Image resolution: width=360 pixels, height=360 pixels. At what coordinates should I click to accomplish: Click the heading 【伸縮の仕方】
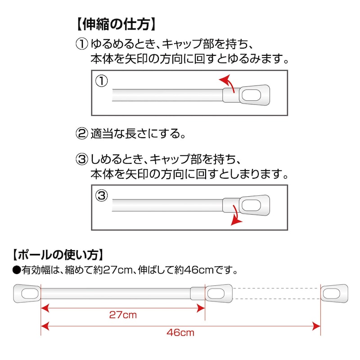pyautogui.click(x=116, y=24)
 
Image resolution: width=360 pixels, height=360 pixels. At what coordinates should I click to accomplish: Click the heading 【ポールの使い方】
pyautogui.click(x=58, y=255)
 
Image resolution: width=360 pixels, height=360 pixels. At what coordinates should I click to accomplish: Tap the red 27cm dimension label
pyautogui.click(x=123, y=315)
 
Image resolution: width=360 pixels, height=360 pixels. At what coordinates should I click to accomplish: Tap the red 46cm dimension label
pyautogui.click(x=180, y=333)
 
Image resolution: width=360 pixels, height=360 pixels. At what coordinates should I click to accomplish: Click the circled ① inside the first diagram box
pyautogui.click(x=102, y=81)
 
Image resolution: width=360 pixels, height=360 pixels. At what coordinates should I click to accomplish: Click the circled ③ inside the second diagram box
pyautogui.click(x=102, y=196)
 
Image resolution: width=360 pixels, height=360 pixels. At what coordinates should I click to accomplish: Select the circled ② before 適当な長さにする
pyautogui.click(x=82, y=134)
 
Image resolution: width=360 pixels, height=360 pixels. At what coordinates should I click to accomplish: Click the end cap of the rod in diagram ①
pyautogui.click(x=254, y=95)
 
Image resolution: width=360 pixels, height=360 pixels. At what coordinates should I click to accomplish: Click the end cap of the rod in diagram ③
pyautogui.click(x=254, y=205)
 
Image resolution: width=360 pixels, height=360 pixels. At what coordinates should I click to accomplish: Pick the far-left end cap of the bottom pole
pyautogui.click(x=27, y=293)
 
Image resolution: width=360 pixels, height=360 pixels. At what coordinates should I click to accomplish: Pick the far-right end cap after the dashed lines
pyautogui.click(x=334, y=293)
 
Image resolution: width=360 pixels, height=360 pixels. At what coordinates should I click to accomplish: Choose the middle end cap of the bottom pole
pyautogui.click(x=219, y=293)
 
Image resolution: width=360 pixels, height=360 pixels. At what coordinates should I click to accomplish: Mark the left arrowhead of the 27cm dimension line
pyautogui.click(x=45, y=308)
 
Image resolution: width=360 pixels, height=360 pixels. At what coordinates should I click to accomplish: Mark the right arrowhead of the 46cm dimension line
pyautogui.click(x=316, y=326)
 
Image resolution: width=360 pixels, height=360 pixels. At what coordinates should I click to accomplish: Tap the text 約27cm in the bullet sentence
pyautogui.click(x=113, y=270)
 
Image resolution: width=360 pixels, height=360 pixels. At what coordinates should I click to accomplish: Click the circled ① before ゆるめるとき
pyautogui.click(x=82, y=44)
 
